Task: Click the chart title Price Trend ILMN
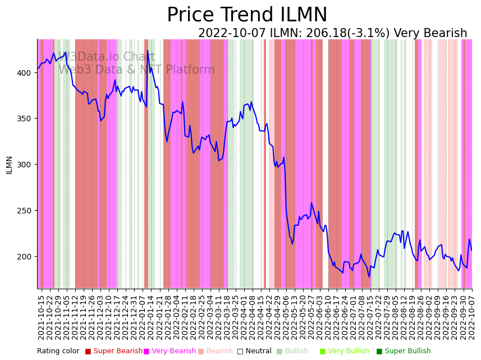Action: pos(247,15)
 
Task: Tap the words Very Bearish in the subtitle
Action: pos(430,34)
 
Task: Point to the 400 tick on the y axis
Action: pos(27,73)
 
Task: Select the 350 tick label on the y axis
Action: pos(27,119)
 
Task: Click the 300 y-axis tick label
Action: pos(27,165)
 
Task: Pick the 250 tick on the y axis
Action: pos(27,211)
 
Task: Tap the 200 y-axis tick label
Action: pos(27,257)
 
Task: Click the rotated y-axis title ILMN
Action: pos(10,165)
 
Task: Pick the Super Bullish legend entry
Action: pos(407,352)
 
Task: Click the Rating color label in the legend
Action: pos(58,352)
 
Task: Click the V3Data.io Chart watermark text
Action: pos(107,57)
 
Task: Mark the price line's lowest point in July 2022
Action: pos(369,277)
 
